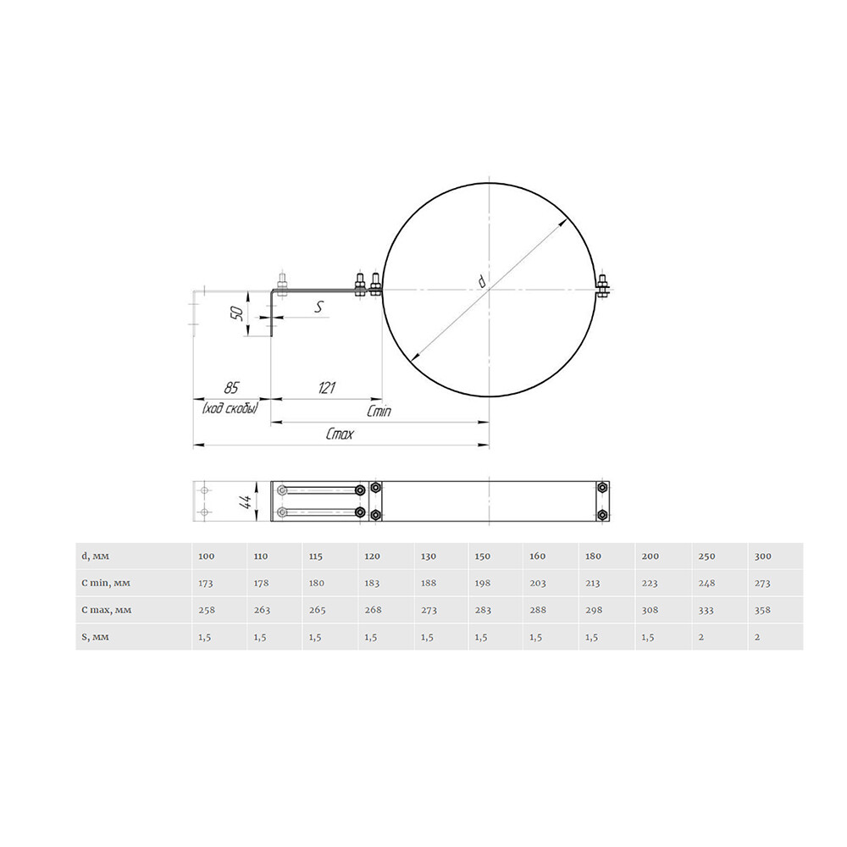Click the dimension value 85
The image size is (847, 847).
coord(230,388)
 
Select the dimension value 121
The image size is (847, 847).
coord(327,388)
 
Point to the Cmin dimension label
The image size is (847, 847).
coord(379,412)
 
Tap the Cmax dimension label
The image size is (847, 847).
coord(340,434)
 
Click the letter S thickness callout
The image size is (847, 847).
coord(318,307)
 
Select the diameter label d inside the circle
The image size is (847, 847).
coord(481,281)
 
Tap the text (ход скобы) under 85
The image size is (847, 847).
coord(230,408)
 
